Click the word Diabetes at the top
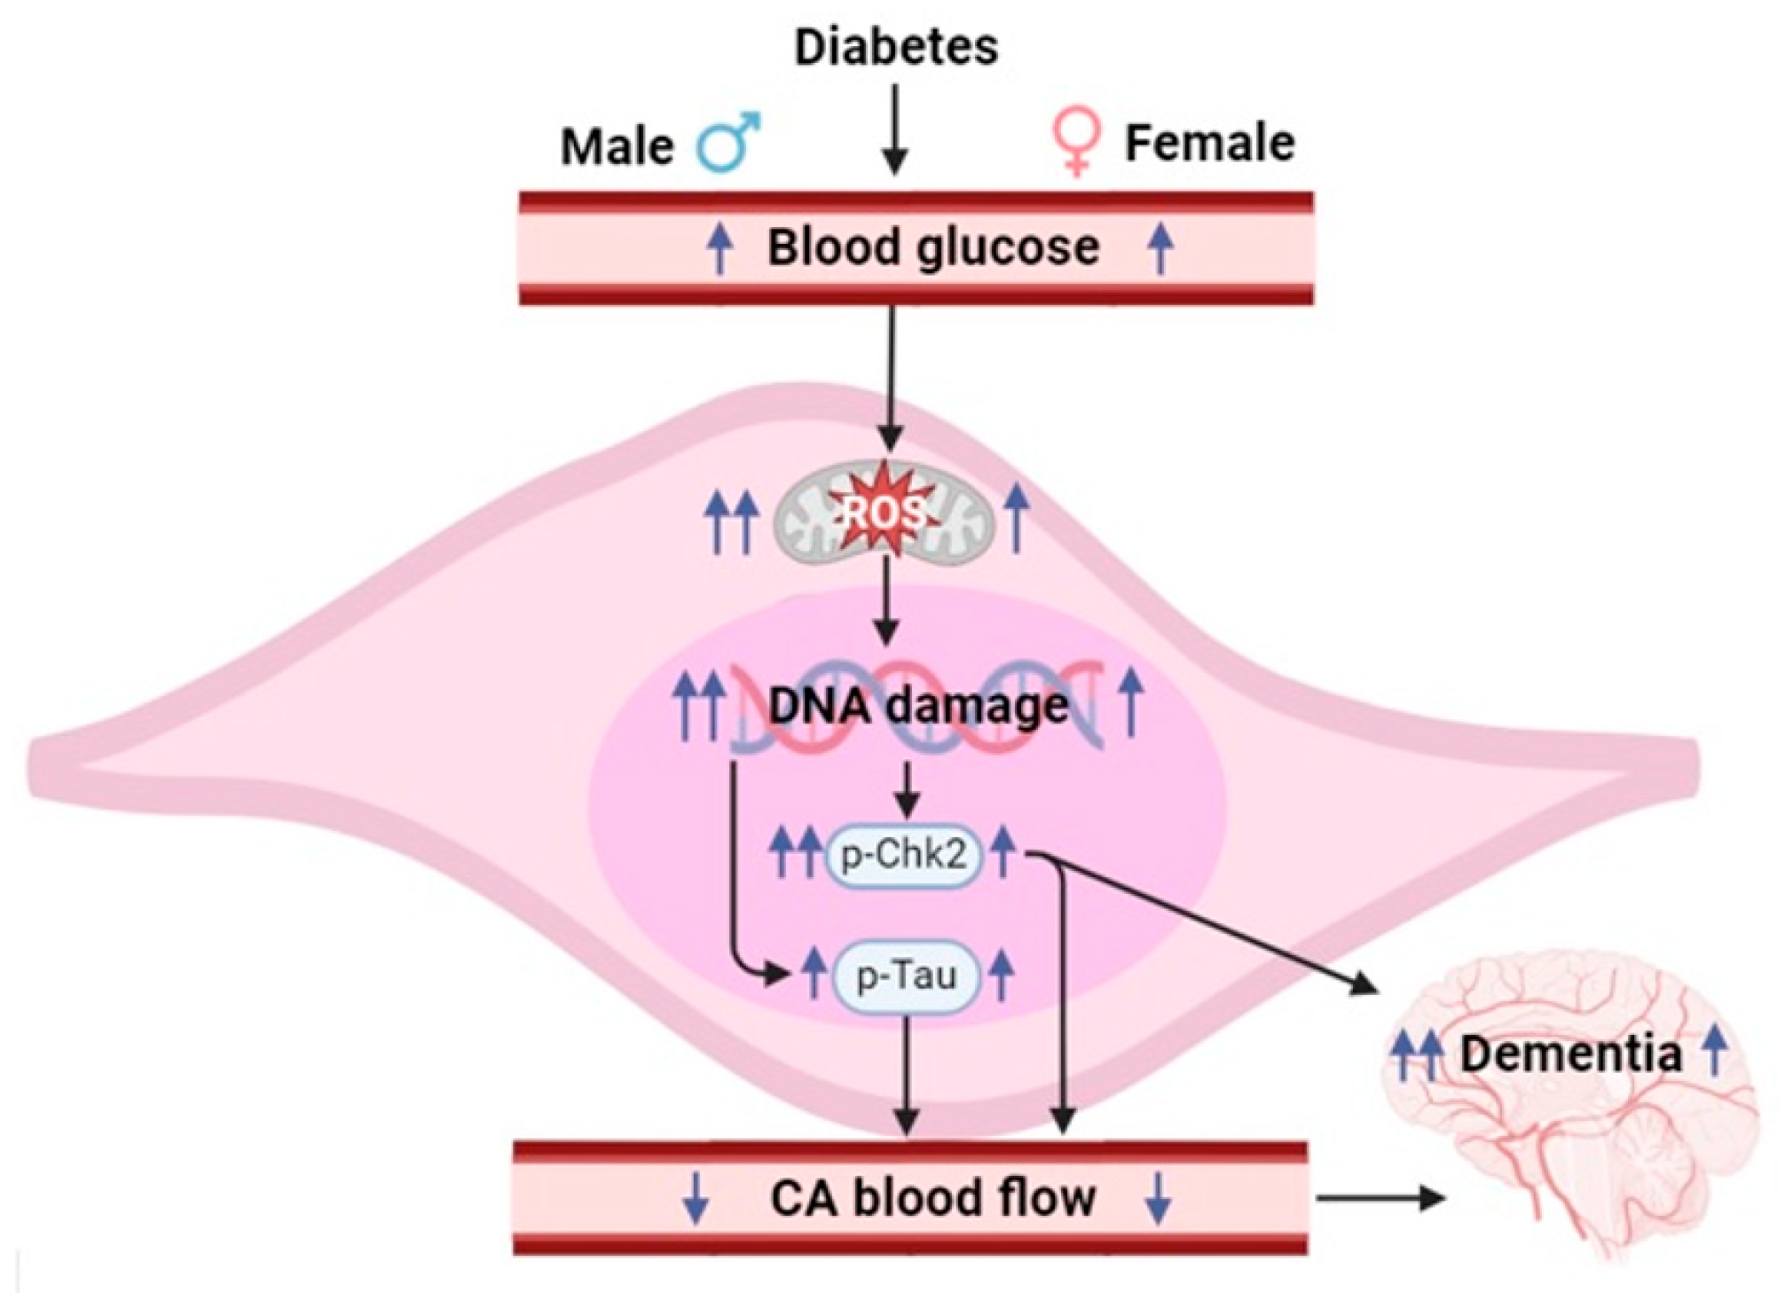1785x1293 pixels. click(x=895, y=46)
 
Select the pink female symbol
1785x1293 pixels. click(x=1077, y=142)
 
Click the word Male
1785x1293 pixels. click(x=617, y=145)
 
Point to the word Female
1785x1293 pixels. click(x=1209, y=142)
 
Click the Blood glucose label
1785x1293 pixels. click(x=932, y=247)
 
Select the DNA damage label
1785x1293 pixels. click(x=918, y=706)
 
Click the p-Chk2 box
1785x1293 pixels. click(x=904, y=856)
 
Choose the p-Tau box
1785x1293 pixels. click(x=906, y=976)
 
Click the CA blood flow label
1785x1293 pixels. click(x=932, y=1198)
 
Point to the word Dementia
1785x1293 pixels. click(x=1570, y=1054)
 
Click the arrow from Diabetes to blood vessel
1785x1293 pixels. click(x=895, y=129)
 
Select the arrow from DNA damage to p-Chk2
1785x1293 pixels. click(x=906, y=789)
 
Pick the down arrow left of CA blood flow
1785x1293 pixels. click(x=696, y=1198)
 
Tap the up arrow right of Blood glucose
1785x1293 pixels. click(x=1160, y=247)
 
